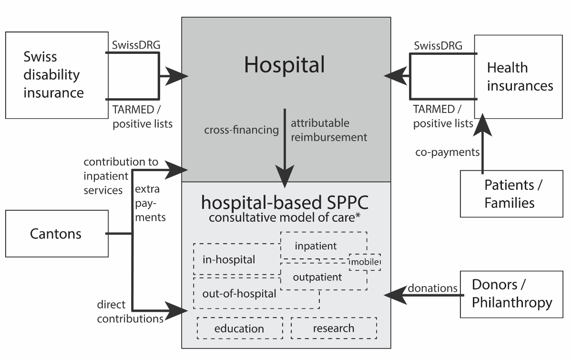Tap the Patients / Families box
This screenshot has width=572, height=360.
(x=511, y=194)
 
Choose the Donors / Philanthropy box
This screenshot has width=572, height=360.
(x=511, y=294)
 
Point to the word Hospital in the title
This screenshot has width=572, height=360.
(x=284, y=65)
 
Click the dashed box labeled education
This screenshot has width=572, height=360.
(x=239, y=328)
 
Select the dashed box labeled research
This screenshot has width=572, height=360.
(x=334, y=328)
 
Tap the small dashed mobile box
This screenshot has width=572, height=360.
(x=365, y=262)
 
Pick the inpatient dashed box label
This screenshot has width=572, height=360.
(x=316, y=246)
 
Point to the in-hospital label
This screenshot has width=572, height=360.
(x=229, y=260)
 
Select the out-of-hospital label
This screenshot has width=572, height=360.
(x=239, y=294)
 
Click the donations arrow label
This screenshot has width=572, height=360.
(x=432, y=288)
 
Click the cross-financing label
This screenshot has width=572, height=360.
(x=242, y=130)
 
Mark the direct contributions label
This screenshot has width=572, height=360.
(x=130, y=311)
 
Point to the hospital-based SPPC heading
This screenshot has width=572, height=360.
(x=285, y=203)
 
